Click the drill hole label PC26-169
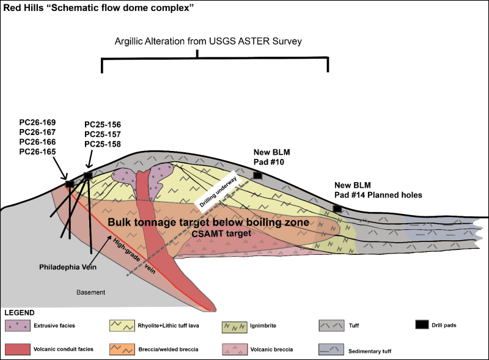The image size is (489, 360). coord(37,122)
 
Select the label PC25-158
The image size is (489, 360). coord(103,144)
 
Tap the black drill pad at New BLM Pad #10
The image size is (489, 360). coord(257,175)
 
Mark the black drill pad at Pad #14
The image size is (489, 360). coord(337,208)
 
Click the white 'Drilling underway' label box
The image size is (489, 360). coord(219,191)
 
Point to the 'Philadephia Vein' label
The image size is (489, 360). coord(68,267)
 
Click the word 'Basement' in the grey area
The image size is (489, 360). coord(90,292)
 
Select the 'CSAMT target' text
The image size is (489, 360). coord(221,233)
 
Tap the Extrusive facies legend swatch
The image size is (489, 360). coord(18,326)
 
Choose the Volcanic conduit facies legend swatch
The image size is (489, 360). coord(18,350)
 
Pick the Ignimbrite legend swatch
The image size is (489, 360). coord(235,326)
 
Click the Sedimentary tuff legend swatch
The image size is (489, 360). coord(331,350)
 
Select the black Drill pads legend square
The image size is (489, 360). coord(422,325)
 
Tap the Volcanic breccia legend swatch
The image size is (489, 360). coord(235,350)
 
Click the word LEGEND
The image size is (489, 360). coord(20,312)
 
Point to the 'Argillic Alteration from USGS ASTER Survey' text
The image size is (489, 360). coord(208,42)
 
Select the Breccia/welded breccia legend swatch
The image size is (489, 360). coord(122,350)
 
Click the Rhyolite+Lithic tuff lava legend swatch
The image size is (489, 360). coord(122,326)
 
